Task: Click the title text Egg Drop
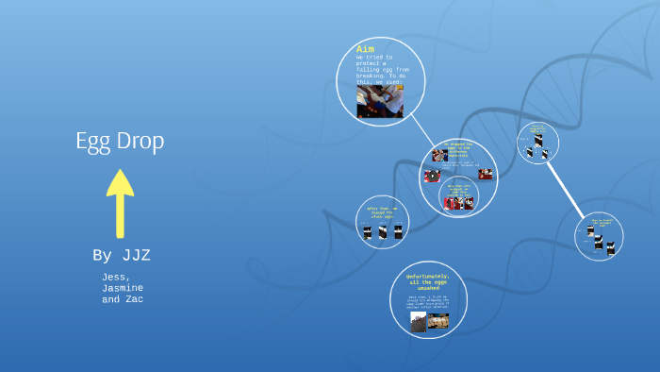point(120,141)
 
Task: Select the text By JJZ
point(121,255)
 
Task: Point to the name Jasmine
point(123,288)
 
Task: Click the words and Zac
point(123,299)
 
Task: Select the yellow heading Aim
point(366,49)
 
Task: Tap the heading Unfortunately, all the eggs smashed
point(429,281)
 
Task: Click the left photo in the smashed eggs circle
point(418,322)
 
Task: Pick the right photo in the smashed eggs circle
point(438,321)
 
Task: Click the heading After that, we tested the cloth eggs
point(382,211)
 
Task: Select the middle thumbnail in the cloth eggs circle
point(383,232)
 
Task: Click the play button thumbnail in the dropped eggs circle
point(432,176)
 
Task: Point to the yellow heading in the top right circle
point(537,128)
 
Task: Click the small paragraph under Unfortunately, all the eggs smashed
point(429,302)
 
